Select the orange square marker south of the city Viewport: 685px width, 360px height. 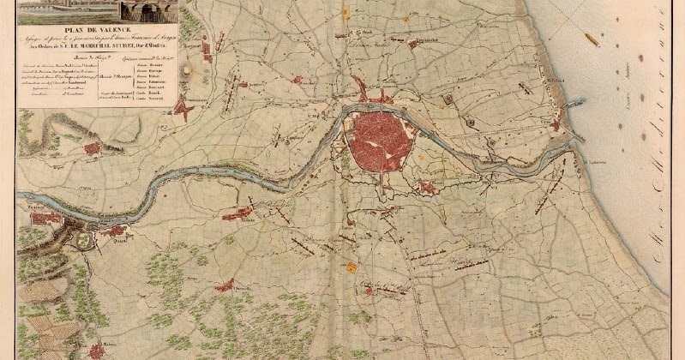click(x=351, y=267)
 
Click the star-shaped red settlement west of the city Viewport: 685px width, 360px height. click(x=182, y=107)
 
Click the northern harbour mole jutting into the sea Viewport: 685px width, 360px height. click(x=573, y=104)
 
